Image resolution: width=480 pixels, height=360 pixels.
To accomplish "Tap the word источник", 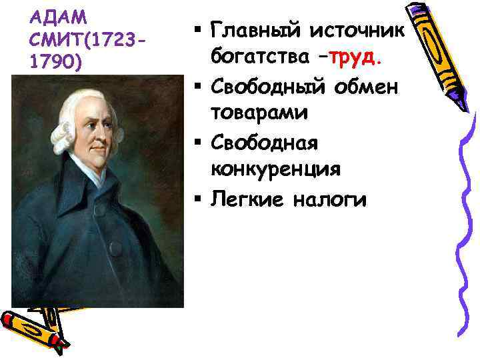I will (361, 31).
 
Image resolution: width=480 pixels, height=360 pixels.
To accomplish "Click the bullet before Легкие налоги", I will (199, 198).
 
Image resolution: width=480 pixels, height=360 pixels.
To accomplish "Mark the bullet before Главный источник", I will (199, 30).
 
